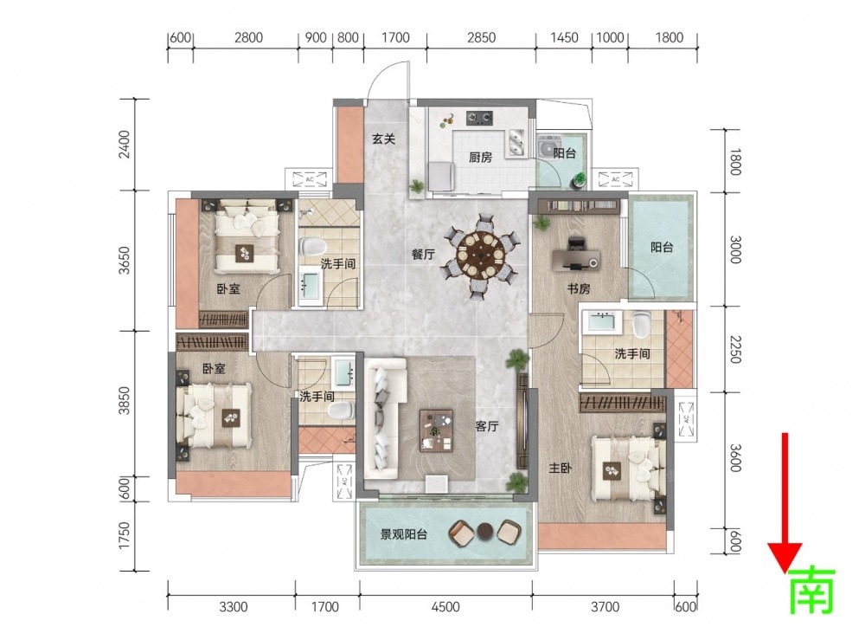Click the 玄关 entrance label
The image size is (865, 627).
click(383, 139)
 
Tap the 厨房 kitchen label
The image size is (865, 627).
click(480, 158)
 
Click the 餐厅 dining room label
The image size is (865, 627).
click(423, 254)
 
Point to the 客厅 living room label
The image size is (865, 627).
click(487, 426)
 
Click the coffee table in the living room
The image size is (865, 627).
click(436, 430)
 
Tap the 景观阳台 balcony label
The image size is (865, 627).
click(404, 534)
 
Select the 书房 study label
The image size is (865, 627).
click(579, 288)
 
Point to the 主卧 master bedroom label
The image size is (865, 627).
click(560, 469)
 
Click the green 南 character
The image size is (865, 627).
click(812, 591)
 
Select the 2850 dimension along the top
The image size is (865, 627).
click(481, 37)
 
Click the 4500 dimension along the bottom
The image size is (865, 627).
click(445, 606)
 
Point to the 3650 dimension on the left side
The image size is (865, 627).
click(125, 260)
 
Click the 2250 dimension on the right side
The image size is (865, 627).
click(734, 349)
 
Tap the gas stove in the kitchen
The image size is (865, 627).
click(479, 118)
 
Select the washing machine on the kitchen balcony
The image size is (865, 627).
click(548, 147)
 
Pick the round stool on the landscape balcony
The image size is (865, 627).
click(485, 531)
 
